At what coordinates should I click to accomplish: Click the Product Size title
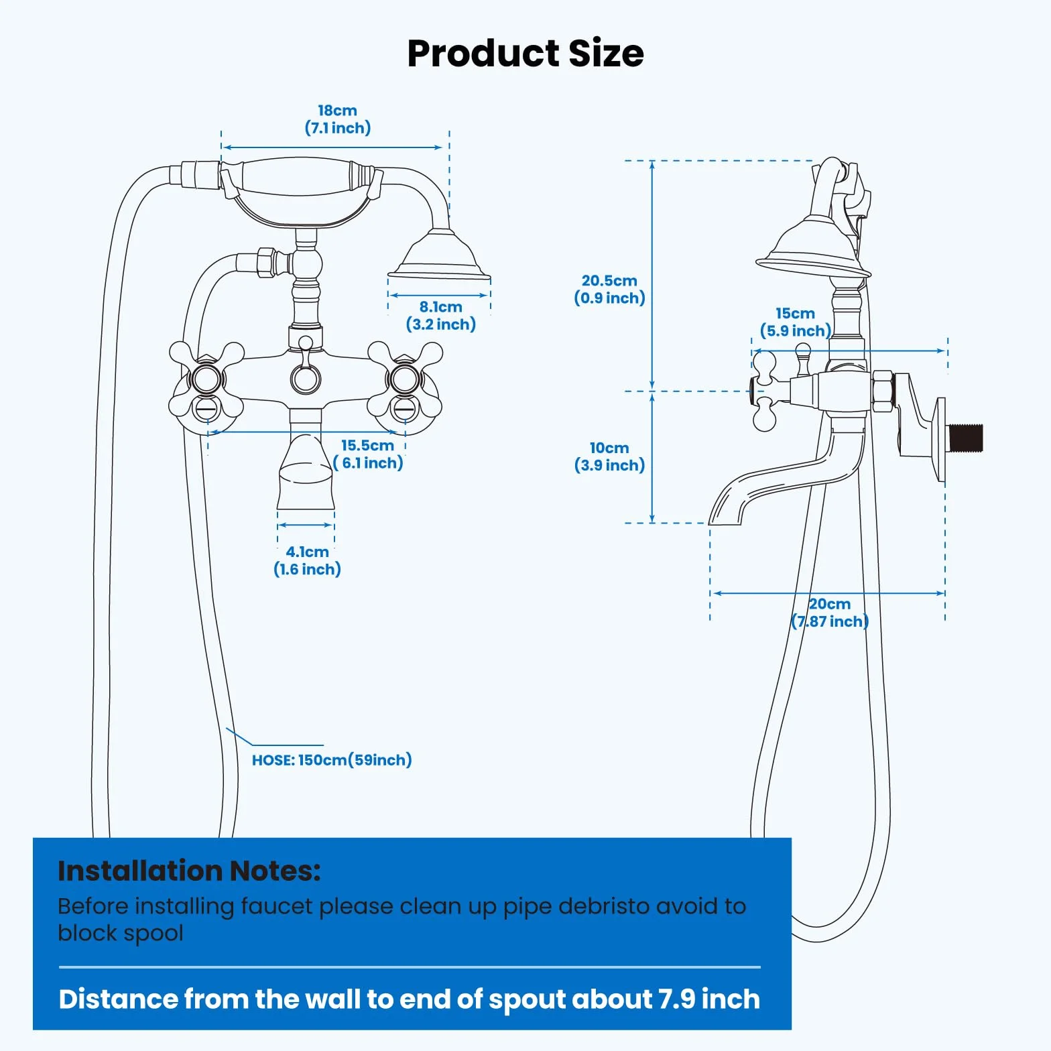point(525,54)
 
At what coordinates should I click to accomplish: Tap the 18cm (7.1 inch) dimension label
point(338,119)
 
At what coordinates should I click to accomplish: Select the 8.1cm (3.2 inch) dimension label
point(441,316)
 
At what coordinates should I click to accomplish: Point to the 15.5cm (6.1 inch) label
point(368,454)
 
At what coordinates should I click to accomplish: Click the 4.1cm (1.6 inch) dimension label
point(307,560)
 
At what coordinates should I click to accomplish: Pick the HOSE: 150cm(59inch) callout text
point(332,760)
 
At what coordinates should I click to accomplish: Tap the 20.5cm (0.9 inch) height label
point(609,290)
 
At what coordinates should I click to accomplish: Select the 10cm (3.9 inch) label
point(609,456)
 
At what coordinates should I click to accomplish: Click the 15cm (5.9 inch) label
point(796,322)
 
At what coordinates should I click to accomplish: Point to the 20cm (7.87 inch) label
point(830,613)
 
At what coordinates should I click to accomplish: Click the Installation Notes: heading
point(189,871)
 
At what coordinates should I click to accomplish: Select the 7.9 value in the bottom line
point(676,999)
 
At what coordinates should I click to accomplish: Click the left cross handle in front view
point(206,379)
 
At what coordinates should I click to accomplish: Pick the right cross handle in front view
point(405,379)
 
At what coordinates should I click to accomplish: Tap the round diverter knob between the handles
point(306,377)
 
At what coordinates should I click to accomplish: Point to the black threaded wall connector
point(965,438)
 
